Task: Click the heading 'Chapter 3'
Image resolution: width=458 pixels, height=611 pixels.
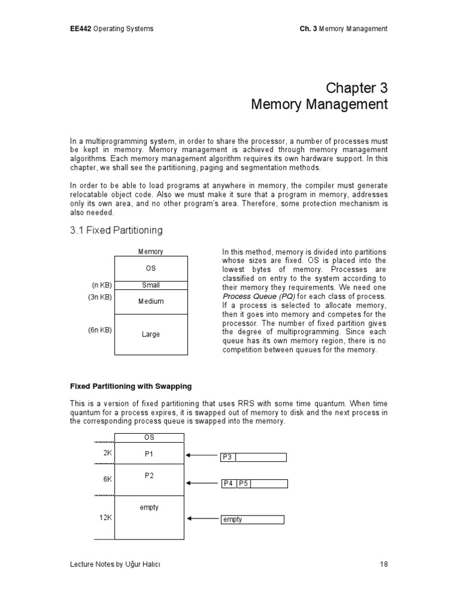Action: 357,88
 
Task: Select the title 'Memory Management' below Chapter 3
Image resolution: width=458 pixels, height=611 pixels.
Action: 319,105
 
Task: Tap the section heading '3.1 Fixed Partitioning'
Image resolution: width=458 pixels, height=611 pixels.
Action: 116,230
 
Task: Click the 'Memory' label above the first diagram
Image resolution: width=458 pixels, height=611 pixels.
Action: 150,252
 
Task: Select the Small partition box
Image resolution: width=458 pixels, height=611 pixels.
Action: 150,285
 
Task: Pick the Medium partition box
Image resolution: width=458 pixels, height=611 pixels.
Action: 150,302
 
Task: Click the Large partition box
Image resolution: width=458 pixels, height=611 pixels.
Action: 150,334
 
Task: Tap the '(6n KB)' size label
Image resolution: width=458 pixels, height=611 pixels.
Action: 100,330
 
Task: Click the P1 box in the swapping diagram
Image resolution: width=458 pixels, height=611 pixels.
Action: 149,453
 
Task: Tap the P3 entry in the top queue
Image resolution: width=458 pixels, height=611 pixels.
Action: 227,458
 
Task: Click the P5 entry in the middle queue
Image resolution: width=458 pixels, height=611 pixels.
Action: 243,484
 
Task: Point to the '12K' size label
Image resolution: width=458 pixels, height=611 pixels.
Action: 106,517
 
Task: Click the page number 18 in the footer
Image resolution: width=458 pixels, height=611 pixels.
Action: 383,581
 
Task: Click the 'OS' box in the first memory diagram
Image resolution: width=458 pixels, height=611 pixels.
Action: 150,269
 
